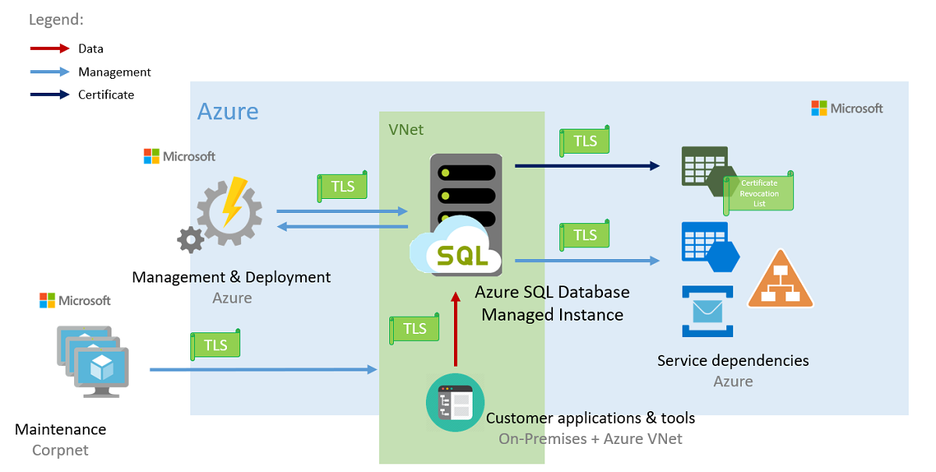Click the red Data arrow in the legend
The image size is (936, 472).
click(49, 48)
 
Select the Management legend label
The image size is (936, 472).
click(115, 72)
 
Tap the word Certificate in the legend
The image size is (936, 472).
click(106, 94)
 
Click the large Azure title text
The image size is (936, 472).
click(228, 111)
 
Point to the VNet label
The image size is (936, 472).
click(406, 130)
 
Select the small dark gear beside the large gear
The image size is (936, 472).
click(190, 240)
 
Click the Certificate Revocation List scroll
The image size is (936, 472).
click(759, 192)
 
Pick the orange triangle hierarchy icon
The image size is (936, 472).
click(780, 281)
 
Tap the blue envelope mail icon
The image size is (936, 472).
click(708, 311)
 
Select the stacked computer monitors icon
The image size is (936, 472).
click(92, 361)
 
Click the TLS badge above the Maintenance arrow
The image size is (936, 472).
click(215, 345)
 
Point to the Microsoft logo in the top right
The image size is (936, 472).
click(847, 108)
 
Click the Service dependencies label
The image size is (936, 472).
click(732, 360)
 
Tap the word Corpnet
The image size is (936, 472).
click(60, 450)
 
